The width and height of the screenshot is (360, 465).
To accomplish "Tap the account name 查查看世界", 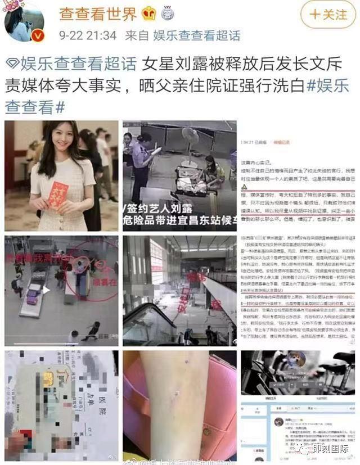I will (x=99, y=13).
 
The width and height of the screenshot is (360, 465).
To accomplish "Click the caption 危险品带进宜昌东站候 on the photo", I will (x=179, y=222).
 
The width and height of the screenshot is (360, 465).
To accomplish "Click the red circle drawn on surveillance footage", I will (x=90, y=276).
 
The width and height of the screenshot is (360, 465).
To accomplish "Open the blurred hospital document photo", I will (x=61, y=405).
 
